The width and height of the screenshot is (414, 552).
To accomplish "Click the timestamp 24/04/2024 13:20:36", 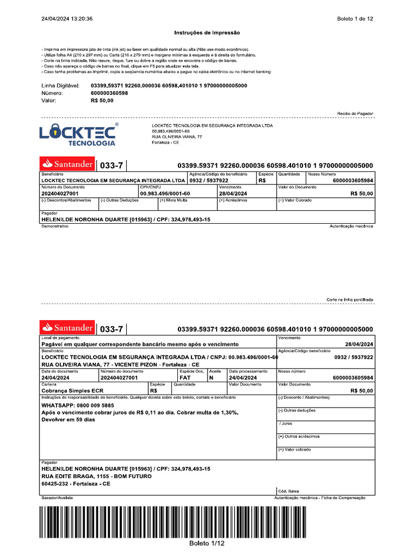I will tap(67, 19).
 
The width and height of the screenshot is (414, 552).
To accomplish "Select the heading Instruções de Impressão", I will tap(207, 33).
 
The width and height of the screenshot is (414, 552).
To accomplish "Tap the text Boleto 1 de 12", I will tap(355, 19).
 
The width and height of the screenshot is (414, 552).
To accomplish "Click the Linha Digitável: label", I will tap(60, 86).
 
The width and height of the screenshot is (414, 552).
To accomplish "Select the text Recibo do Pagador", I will tap(355, 114).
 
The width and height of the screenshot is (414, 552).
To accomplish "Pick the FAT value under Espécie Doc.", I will tap(185, 378).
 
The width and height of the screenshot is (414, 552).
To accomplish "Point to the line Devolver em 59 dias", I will tap(68, 419).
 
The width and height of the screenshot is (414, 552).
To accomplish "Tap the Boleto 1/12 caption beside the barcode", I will tap(206, 543).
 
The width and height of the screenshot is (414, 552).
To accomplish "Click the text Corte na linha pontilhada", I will tap(350, 299).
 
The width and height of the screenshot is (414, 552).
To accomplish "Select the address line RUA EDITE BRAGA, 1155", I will tap(96, 477).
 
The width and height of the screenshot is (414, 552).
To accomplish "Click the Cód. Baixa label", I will tap(288, 491).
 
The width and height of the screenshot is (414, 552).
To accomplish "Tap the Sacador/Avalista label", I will tap(57, 498).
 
